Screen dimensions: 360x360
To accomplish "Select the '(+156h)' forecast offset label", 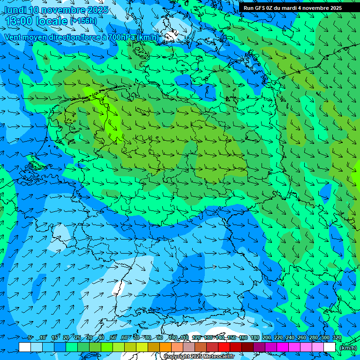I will point(83,21).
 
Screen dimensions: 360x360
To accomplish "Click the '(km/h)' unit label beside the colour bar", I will point(348,348).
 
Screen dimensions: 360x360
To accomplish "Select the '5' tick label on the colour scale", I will point(30,338).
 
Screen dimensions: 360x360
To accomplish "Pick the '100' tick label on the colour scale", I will point(172,338).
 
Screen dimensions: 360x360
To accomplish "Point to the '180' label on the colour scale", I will point(255,338).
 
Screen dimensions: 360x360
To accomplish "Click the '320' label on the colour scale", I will point(337,338).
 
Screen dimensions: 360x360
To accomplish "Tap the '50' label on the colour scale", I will point(112,338).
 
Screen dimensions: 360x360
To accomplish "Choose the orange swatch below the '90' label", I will point(165,347).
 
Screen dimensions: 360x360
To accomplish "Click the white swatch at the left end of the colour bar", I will point(25,347).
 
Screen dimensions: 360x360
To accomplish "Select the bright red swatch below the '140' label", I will point(224,347).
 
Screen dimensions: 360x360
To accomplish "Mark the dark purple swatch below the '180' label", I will point(259,347).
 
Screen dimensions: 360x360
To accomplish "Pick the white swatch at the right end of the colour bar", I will point(330,347).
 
